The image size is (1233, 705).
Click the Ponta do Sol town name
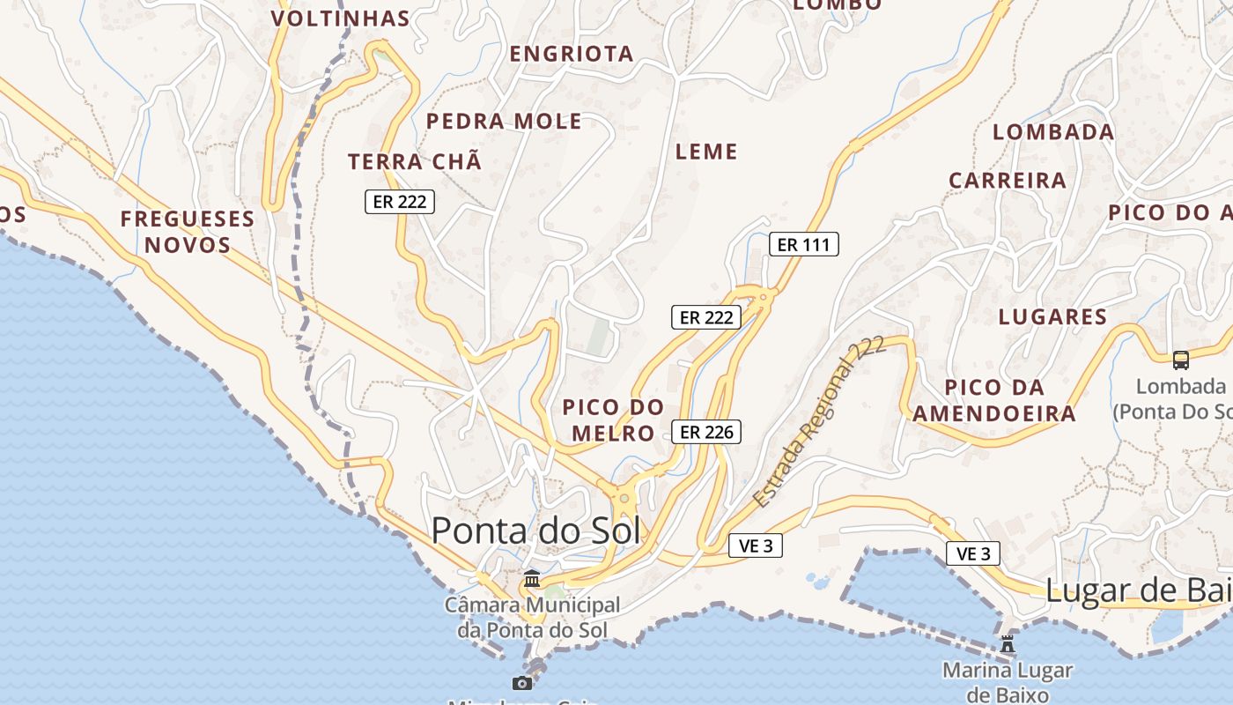point(535,531)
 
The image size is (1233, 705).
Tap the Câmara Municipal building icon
point(532,579)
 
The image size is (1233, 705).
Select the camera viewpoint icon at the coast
point(522,683)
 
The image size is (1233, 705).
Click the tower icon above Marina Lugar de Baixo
point(1008,643)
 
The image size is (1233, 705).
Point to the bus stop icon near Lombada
point(1180,360)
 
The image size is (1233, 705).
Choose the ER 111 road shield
point(804,244)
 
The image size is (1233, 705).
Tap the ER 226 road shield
point(706,432)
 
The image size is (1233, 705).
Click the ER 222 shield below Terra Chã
point(400,202)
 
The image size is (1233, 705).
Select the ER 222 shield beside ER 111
point(706,317)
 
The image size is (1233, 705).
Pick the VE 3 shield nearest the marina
point(973,553)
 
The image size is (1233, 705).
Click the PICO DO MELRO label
point(613,419)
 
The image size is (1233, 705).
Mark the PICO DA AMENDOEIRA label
point(993,400)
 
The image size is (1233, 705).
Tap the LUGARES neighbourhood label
point(1052,317)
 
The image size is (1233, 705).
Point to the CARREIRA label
point(1007,181)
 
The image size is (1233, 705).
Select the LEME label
point(706,152)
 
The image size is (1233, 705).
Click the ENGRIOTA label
point(572,54)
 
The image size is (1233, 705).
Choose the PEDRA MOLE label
point(504,122)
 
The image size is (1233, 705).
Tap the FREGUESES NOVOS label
point(188,232)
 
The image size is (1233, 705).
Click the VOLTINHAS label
point(340,19)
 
